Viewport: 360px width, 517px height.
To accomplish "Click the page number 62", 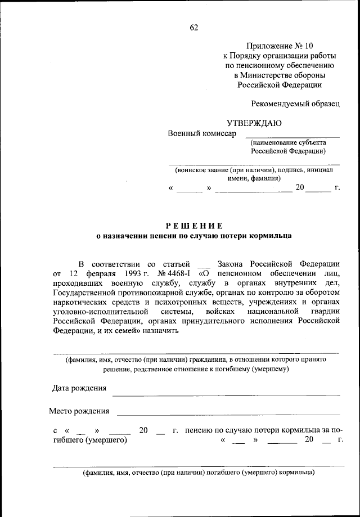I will [194, 26].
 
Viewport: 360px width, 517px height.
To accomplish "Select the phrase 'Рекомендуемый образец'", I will [295, 104].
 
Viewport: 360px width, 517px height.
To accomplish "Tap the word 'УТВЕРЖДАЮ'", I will [254, 123].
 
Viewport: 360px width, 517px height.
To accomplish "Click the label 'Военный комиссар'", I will [202, 133].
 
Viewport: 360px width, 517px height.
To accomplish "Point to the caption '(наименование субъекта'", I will [287, 143].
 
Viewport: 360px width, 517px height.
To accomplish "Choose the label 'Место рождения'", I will [79, 411].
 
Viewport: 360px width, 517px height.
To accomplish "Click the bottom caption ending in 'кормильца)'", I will [199, 473].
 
